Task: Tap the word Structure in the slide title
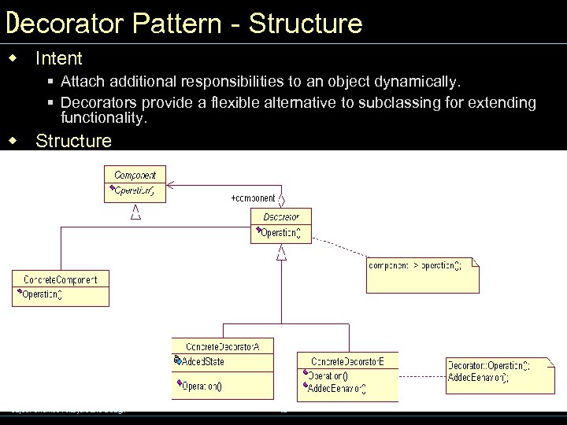306,23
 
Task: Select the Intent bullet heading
59,58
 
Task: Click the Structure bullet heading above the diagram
74,141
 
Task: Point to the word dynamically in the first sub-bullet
424,81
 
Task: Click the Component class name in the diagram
135,175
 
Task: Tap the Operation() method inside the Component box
134,190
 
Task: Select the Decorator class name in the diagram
281,216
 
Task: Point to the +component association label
253,198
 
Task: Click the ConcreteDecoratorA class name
222,346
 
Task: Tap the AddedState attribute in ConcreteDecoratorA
202,361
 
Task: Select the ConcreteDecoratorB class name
347,361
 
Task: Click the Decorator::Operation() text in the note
488,365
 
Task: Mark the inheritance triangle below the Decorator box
281,253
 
